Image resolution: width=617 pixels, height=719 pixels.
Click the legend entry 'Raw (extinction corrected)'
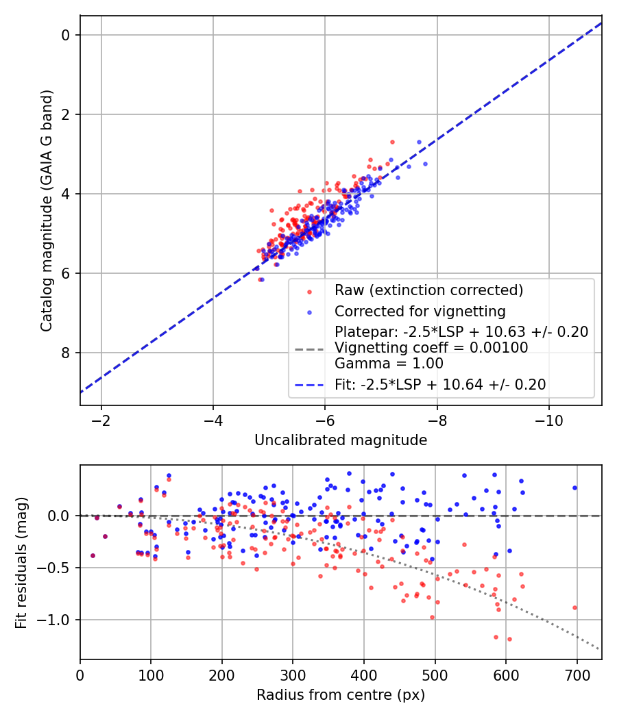coord(428,290)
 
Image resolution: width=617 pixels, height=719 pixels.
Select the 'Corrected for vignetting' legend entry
coord(420,312)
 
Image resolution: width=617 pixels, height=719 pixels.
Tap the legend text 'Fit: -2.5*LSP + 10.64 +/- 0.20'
coord(440,385)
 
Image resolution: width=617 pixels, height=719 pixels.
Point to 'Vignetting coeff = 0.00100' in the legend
coord(431,348)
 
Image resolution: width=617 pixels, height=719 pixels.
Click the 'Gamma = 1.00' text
coord(389,364)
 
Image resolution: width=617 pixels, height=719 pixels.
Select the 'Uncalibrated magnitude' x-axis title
coord(341,440)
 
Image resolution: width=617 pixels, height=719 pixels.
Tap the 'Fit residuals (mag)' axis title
coord(21,562)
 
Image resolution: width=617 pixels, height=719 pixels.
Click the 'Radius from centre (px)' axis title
coord(341,695)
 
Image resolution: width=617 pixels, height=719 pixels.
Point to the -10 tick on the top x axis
coord(548,419)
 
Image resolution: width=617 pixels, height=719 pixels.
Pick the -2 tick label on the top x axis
coord(101,419)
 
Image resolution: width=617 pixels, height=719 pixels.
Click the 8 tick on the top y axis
coord(66,353)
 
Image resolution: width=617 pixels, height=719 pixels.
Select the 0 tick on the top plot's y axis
coord(66,35)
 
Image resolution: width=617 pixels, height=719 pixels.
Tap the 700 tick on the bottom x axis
coord(576,674)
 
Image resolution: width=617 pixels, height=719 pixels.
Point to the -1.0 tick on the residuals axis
coord(58,620)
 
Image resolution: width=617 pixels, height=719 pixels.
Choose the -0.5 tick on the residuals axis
coord(58,568)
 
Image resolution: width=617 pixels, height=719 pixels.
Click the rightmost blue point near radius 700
coord(574,488)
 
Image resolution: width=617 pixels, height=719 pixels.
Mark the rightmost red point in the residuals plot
coord(574,607)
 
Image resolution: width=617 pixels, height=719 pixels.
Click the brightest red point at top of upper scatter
coord(392,142)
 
